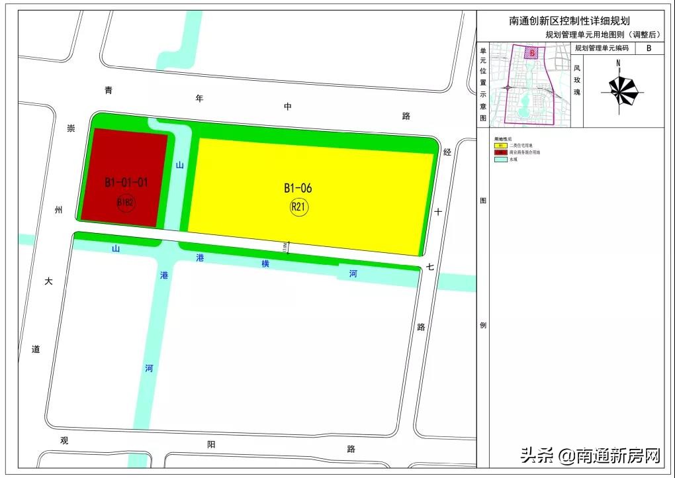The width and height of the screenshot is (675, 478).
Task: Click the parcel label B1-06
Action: point(298,189)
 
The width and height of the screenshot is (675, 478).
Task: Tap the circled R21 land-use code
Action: point(299,207)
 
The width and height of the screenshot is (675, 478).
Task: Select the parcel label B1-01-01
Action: point(125,182)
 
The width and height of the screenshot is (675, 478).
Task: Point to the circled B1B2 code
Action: point(126,202)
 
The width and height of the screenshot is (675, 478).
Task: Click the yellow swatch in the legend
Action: point(500,144)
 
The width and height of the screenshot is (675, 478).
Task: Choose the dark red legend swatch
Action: point(500,152)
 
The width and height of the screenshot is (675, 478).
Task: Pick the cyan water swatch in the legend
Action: point(500,160)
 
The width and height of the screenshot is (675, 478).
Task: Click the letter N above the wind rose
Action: point(618,64)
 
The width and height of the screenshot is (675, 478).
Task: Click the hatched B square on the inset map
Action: point(531,53)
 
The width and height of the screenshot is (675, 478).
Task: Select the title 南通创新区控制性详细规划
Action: point(569,21)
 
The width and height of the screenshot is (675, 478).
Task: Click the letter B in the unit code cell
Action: point(649,48)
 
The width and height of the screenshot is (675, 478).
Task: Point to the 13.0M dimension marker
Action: point(286,246)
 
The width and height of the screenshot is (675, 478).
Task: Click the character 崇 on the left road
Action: point(71,128)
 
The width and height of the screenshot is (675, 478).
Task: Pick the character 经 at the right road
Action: point(447,152)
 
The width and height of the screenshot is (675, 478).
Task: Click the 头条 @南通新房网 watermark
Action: point(590,455)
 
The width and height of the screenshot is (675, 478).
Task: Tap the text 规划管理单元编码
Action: point(602,48)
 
